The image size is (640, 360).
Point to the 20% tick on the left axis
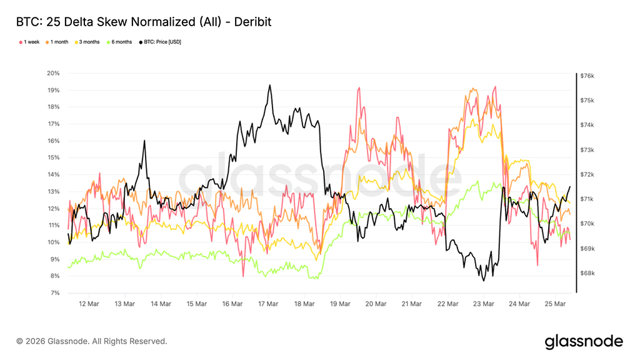(x=53, y=73)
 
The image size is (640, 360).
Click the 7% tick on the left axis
(x=54, y=292)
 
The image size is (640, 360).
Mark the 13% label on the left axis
(x=53, y=191)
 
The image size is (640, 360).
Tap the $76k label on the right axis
(x=587, y=76)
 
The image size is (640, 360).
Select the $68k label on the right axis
(x=587, y=273)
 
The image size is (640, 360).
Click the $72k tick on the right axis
(x=587, y=174)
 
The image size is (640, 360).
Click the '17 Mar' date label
(x=268, y=304)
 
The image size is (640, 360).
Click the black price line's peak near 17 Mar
(x=269, y=85)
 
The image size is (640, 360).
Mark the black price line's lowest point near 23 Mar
(x=484, y=281)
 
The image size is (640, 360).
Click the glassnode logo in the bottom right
(x=584, y=341)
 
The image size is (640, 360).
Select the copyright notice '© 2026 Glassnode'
(x=92, y=341)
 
